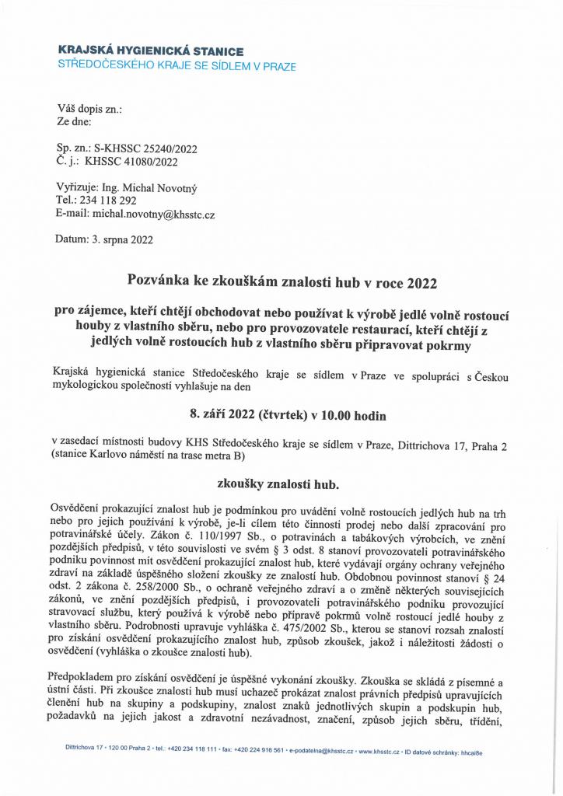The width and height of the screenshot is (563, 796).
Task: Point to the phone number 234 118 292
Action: coord(112,200)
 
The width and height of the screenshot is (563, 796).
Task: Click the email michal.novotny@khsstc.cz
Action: coord(154,213)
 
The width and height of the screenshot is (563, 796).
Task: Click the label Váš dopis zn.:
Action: coord(89,109)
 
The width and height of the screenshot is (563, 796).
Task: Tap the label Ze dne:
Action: coord(75,122)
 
